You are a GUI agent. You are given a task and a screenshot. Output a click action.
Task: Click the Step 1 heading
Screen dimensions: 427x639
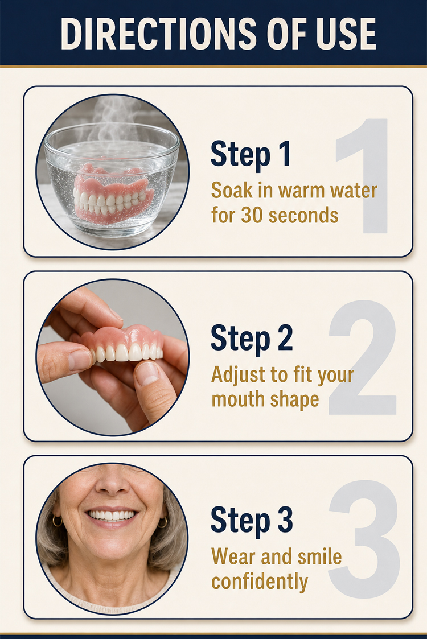251,154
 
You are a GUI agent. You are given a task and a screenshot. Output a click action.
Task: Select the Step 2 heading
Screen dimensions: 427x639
252,338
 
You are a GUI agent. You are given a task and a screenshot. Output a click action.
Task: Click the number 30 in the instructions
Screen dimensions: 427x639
251,215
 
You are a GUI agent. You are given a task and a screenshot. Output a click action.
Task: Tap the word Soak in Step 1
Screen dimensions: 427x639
229,190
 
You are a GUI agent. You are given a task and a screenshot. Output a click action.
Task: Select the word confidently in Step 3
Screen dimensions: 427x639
260,582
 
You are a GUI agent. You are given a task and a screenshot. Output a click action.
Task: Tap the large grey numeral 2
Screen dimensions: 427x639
363,357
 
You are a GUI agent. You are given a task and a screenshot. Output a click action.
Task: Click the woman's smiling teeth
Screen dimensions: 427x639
112,515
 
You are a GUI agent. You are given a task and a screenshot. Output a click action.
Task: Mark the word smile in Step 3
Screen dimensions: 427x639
320,556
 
